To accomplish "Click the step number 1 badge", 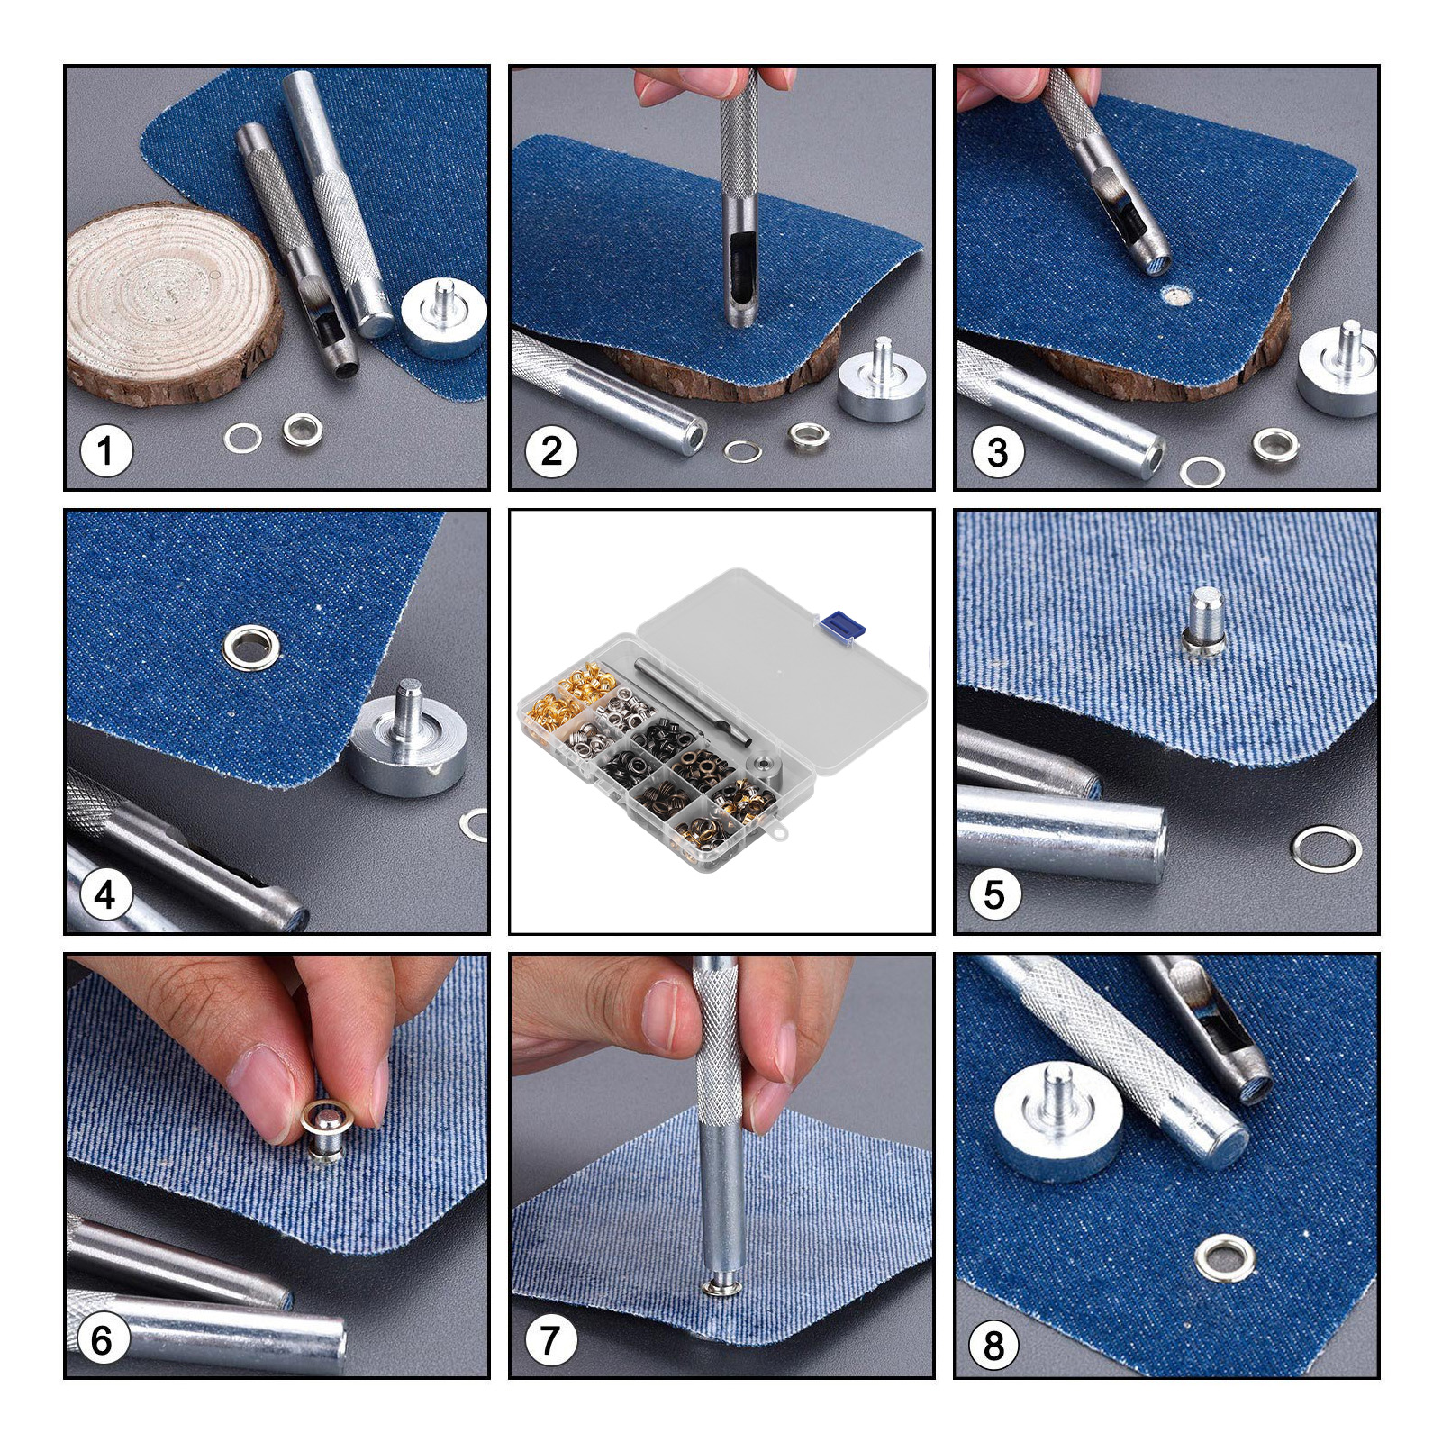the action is click(x=106, y=450).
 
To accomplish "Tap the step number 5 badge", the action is click(x=993, y=894).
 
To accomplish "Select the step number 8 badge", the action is click(x=994, y=1346).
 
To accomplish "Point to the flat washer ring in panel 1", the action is click(x=242, y=439).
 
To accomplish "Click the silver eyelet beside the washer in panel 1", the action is click(x=303, y=431).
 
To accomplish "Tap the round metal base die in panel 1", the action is click(x=443, y=318).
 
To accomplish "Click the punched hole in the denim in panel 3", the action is click(x=1173, y=294).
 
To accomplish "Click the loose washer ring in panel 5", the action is click(x=1326, y=848).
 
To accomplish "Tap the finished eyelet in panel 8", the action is click(x=1224, y=1258).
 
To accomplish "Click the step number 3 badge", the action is click(x=997, y=451).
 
